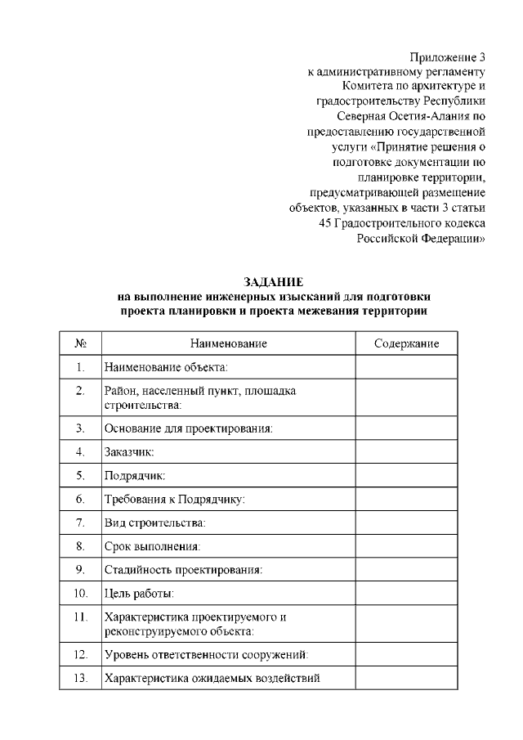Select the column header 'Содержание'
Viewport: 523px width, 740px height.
[406, 344]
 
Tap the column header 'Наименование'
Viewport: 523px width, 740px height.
[229, 344]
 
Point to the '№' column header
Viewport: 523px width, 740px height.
[80, 344]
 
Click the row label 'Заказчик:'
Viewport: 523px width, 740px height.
[129, 451]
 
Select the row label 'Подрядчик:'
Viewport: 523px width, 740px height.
[134, 475]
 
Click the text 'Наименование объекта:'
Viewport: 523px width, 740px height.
[166, 368]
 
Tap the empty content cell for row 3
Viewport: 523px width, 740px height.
[406, 428]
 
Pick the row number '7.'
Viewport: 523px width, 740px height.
[80, 522]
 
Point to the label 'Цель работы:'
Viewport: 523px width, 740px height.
[138, 594]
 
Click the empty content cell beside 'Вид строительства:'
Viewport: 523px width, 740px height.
[406, 522]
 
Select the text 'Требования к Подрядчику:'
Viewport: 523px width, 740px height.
[174, 499]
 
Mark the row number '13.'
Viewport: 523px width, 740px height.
[80, 679]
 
